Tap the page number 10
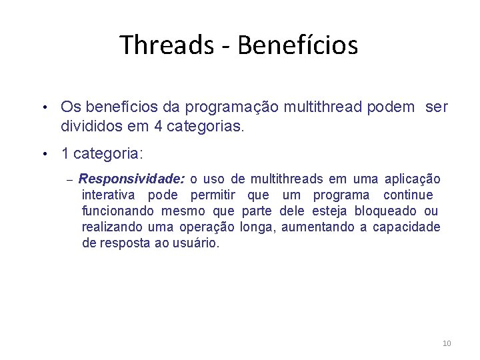coord(446,343)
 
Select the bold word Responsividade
coord(131,179)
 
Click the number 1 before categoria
coord(65,154)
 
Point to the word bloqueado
coord(387,211)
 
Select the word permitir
coord(213,195)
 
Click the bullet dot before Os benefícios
coord(43,107)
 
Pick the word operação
coord(207,227)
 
